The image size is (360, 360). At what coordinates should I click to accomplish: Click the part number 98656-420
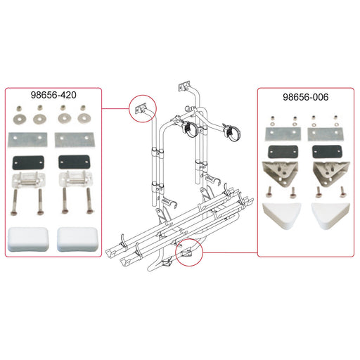53,95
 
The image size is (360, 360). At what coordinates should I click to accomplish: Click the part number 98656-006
305,97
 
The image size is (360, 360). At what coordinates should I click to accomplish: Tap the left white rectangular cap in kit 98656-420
28,239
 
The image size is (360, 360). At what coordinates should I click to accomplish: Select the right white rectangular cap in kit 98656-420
77,239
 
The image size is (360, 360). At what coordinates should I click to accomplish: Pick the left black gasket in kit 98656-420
28,162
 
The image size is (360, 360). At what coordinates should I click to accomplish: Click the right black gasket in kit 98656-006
326,152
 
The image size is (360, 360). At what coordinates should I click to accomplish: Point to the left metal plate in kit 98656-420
27,140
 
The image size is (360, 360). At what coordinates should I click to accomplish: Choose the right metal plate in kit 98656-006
326,134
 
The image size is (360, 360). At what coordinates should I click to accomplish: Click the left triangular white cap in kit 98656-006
282,216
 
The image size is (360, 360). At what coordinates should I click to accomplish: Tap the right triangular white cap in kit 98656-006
330,216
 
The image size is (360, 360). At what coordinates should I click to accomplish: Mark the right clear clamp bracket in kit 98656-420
75,180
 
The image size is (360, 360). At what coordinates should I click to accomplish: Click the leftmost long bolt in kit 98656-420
15,202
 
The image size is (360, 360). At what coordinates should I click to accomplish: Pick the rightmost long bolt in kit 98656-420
89,201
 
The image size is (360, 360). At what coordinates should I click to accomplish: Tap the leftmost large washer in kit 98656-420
20,119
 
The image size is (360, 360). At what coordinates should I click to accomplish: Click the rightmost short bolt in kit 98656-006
343,192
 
